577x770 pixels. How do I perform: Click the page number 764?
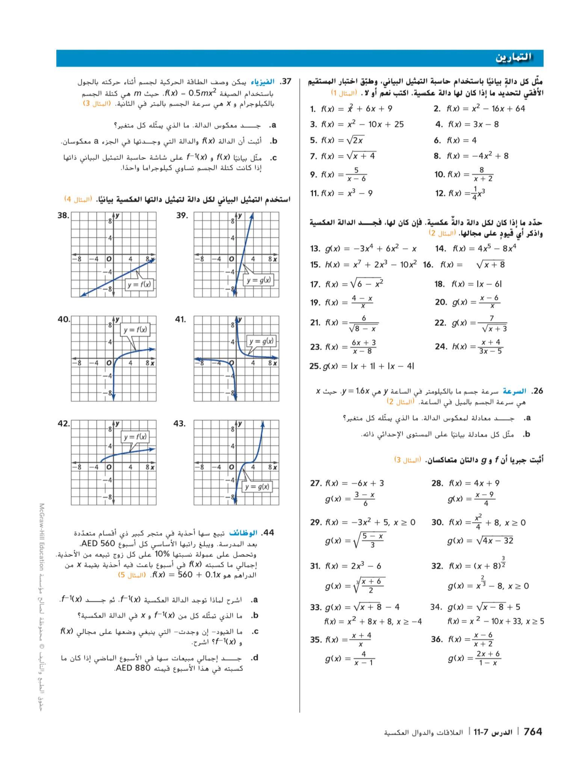tap(532, 731)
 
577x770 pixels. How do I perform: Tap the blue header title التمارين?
tap(514, 58)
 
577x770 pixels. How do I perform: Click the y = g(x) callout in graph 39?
tap(259, 280)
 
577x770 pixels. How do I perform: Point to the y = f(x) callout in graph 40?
tap(135, 330)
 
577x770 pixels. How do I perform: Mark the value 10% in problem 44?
tap(161, 554)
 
